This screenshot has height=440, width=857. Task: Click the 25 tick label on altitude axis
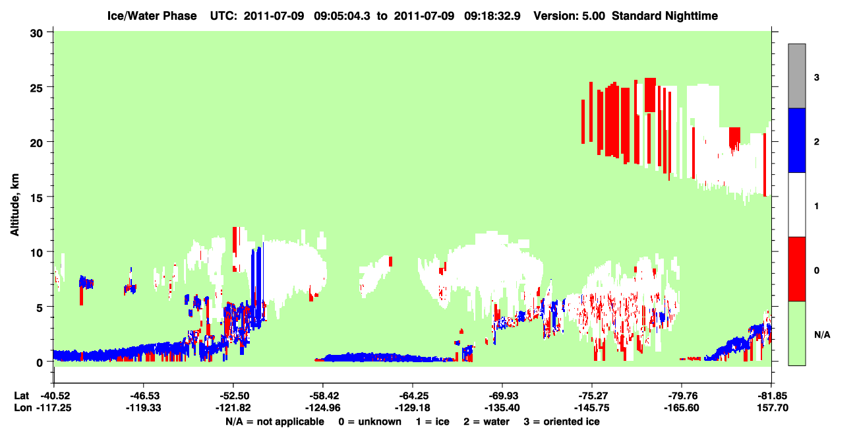[x=36, y=88]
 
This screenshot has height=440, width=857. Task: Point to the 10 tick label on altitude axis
[x=36, y=253]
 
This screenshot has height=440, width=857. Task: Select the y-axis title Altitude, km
[x=15, y=204]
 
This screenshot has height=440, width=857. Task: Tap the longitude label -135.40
[x=502, y=408]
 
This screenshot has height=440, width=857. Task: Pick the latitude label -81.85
[x=771, y=396]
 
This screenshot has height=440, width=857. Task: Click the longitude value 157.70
[x=773, y=408]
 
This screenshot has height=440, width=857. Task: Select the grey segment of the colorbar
[x=796, y=76]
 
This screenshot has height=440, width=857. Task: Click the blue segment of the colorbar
[x=796, y=140]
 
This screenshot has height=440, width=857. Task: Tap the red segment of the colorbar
[x=796, y=269]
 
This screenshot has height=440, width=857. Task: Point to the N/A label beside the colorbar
[x=822, y=335]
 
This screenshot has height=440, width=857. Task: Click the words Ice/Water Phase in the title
[x=152, y=16]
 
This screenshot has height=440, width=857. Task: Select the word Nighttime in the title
[x=692, y=16]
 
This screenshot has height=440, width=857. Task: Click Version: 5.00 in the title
[x=570, y=16]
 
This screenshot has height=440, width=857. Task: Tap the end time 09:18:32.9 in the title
[x=492, y=16]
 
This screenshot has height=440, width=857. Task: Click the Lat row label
[x=21, y=396]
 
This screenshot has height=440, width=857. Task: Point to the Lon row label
[x=23, y=408]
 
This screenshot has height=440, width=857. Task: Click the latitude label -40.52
[x=55, y=396]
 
